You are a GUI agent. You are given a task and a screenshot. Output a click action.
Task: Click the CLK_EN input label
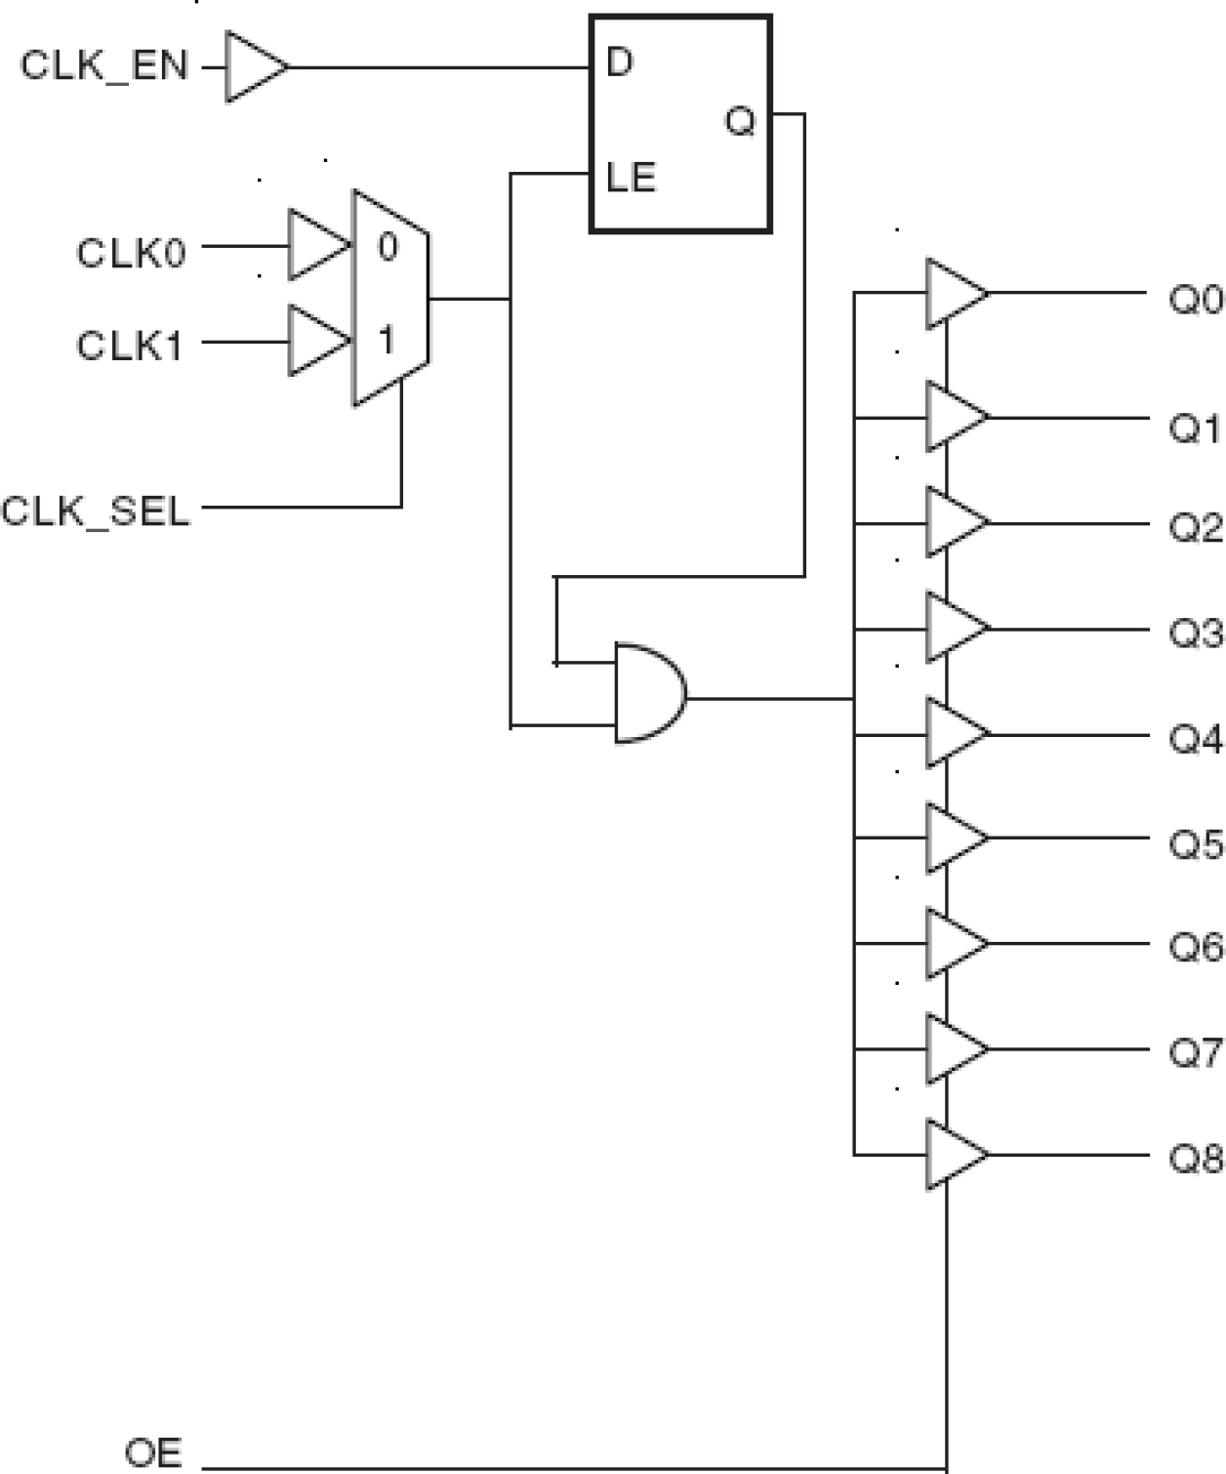point(103,66)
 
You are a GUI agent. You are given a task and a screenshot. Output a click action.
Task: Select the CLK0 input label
point(131,254)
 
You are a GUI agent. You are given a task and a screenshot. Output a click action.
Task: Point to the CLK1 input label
point(130,346)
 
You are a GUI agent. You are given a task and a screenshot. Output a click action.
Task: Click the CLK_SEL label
point(96,512)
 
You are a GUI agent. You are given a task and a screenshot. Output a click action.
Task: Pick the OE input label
point(153,1453)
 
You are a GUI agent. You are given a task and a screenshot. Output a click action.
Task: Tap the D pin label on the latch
point(620,62)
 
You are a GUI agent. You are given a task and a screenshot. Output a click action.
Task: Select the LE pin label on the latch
point(631,178)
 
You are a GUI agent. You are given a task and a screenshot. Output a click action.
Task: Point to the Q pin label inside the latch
point(740,122)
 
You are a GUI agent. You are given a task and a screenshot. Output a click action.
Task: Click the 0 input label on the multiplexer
point(388,247)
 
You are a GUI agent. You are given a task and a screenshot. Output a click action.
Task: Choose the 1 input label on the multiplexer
point(388,341)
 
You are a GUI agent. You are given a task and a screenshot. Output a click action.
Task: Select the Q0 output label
point(1195,299)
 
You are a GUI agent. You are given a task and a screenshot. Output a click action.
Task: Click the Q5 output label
point(1196,843)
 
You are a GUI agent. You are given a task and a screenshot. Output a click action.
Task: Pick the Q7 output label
point(1196,1053)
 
